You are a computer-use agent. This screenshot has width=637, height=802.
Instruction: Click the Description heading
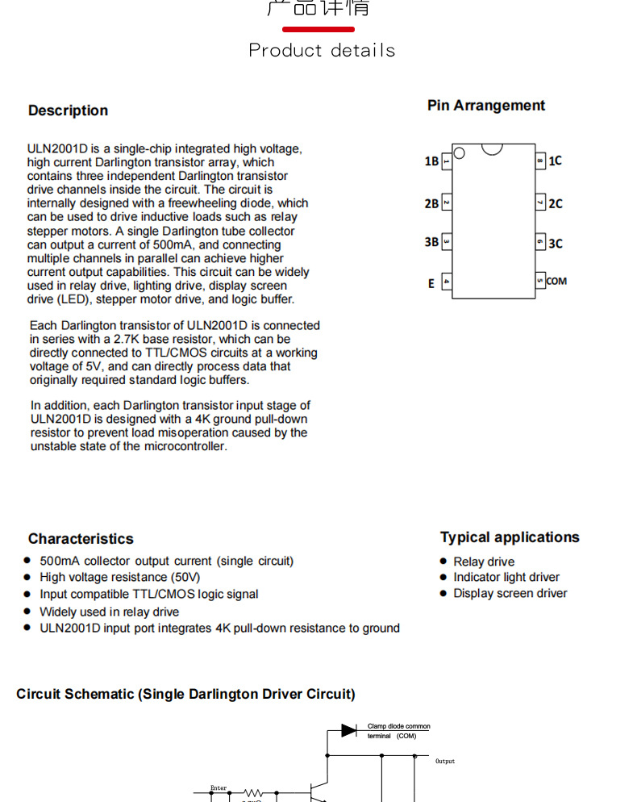click(x=68, y=111)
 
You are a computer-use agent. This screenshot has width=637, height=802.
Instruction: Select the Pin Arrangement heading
click(x=486, y=106)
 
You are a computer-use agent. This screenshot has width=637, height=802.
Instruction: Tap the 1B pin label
click(x=431, y=161)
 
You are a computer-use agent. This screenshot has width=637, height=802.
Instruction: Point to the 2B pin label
click(x=431, y=203)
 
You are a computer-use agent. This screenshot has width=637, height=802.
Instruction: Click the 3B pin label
click(x=431, y=241)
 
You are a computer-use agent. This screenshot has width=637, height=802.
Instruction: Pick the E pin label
click(x=431, y=283)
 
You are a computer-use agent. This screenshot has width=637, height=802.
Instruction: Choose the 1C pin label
click(x=555, y=161)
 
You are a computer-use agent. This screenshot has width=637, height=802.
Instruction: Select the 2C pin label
click(x=555, y=203)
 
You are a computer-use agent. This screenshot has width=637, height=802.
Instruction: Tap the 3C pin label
click(x=555, y=243)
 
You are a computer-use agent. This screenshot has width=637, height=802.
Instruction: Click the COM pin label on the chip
click(x=556, y=281)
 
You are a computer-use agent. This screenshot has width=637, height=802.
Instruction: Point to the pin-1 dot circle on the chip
click(x=459, y=152)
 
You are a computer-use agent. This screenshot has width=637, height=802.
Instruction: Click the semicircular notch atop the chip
click(x=492, y=148)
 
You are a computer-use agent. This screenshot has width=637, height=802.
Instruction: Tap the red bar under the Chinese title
click(x=318, y=29)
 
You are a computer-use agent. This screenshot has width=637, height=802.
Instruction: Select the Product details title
click(x=322, y=50)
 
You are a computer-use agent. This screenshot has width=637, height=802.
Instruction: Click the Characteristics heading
click(x=81, y=539)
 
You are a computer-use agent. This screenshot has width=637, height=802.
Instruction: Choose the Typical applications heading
click(x=510, y=537)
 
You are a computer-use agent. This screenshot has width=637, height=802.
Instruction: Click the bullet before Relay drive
click(x=443, y=562)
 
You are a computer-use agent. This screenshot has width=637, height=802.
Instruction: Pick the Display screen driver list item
click(x=510, y=593)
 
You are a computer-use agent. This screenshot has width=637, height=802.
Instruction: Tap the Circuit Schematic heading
click(x=185, y=694)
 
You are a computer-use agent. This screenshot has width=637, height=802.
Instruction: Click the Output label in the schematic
click(x=445, y=761)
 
